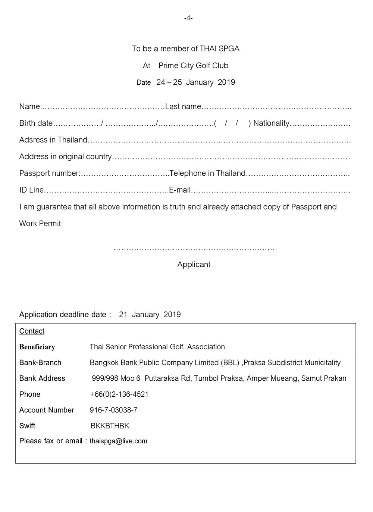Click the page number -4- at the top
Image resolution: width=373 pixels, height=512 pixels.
[188, 18]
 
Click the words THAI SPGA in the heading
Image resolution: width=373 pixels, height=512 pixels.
[219, 49]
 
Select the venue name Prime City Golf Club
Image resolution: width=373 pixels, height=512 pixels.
[193, 66]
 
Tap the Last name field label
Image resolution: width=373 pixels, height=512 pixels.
[183, 107]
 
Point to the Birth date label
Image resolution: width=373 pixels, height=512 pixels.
[36, 124]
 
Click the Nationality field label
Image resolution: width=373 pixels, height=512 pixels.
[271, 124]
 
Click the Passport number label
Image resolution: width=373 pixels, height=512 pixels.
[50, 174]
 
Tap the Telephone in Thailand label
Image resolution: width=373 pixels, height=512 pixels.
[207, 174]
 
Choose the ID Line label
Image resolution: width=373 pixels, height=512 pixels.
[31, 190]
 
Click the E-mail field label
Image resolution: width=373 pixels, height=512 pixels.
[180, 190]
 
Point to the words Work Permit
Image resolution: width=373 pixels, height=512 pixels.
[40, 224]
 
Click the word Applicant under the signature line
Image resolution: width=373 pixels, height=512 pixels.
[194, 265]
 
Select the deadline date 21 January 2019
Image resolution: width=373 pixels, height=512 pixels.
[150, 315]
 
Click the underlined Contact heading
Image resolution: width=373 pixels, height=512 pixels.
[32, 331]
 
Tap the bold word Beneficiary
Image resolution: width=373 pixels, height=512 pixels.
[37, 347]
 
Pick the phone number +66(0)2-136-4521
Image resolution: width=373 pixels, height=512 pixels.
[119, 394]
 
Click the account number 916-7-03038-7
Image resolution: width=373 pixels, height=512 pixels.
[113, 410]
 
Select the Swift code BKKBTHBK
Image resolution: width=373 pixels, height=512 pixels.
[110, 426]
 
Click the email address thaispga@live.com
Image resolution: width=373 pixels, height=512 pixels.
[118, 441]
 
